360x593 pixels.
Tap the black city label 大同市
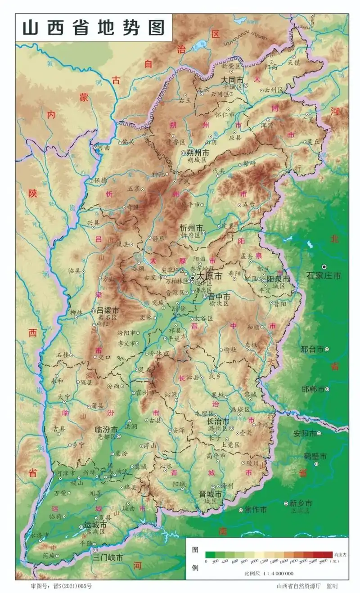point(232,79)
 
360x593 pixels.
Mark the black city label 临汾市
point(107,429)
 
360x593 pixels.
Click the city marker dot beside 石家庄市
point(324,267)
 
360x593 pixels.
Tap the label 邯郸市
point(311,389)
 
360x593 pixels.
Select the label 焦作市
point(256,510)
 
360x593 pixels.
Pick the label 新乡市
point(300,503)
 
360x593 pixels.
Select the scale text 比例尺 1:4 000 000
point(269,573)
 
